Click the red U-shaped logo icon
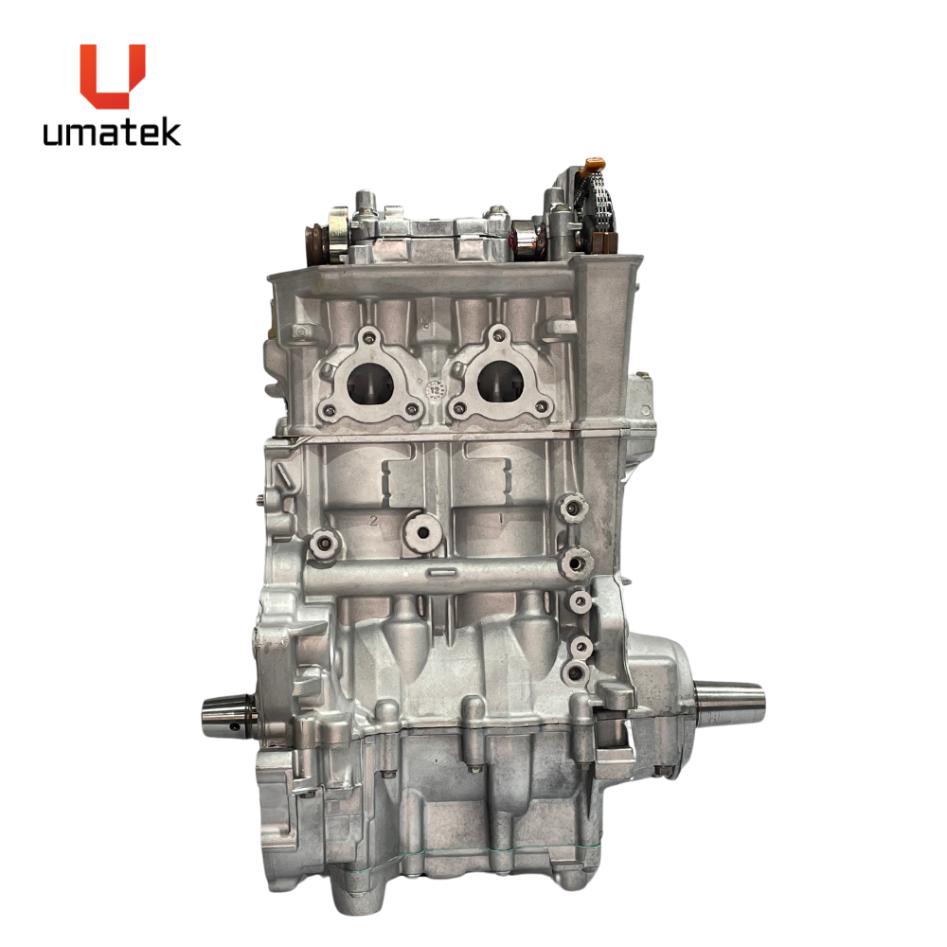point(113,76)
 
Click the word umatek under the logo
point(112,133)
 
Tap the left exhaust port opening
point(370,384)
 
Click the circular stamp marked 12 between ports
point(435,388)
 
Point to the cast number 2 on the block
point(374,520)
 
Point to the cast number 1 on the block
point(501,518)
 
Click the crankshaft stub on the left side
point(230,716)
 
